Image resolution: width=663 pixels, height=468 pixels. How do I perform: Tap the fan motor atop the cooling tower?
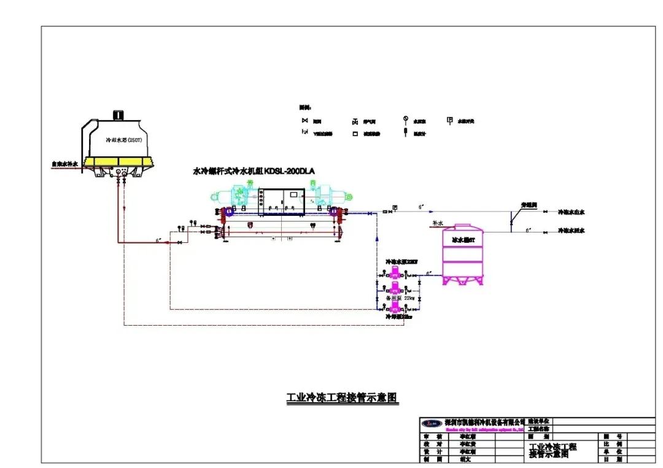[117, 115]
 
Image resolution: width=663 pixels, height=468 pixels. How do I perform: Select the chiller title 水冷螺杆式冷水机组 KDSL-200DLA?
[254, 172]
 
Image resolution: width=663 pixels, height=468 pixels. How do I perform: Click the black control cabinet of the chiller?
[282, 202]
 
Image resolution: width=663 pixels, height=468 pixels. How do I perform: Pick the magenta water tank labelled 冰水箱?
[463, 254]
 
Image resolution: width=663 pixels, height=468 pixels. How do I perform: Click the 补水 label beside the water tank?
[437, 224]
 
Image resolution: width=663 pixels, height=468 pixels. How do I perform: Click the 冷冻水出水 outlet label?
[571, 212]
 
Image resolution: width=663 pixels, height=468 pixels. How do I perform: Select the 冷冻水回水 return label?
[571, 231]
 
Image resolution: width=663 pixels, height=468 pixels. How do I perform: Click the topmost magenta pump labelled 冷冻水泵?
[393, 275]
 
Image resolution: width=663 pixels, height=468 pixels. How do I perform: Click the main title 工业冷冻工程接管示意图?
[343, 397]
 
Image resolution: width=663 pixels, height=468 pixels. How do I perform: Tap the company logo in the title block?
[432, 423]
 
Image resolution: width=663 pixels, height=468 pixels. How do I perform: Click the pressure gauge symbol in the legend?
[405, 120]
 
